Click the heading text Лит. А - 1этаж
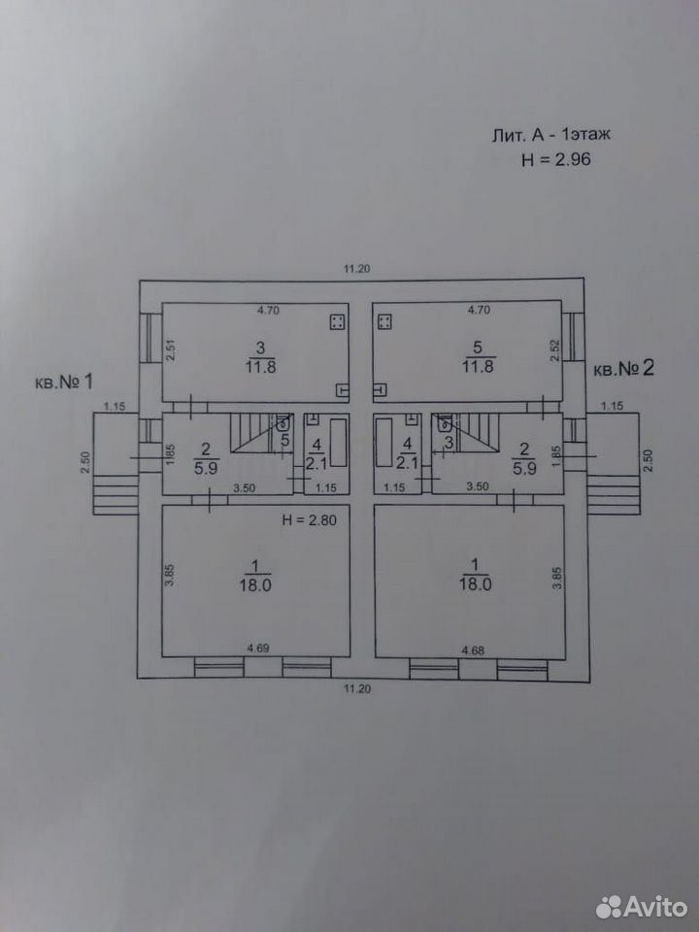click(551, 135)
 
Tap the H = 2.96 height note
click(555, 159)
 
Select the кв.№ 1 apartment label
click(64, 381)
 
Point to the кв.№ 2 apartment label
click(623, 368)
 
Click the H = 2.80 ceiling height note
click(309, 520)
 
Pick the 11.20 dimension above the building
click(356, 269)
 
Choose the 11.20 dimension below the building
click(356, 689)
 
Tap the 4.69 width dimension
click(258, 648)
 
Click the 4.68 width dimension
click(473, 650)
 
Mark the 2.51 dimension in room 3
click(171, 350)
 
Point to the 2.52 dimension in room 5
click(554, 350)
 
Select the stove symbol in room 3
click(338, 322)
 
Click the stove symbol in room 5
click(384, 322)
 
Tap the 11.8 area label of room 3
click(260, 367)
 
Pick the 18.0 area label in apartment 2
click(475, 583)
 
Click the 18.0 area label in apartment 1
click(255, 584)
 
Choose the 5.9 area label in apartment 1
click(206, 468)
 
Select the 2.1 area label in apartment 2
click(407, 462)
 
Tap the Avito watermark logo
click(642, 907)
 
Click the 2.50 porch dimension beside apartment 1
click(85, 462)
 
